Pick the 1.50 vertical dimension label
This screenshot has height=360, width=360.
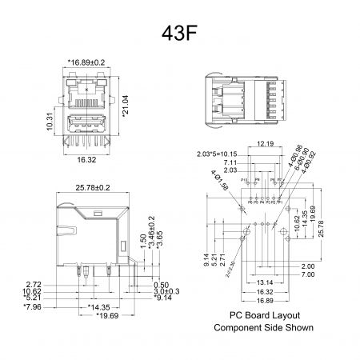coord(143,243)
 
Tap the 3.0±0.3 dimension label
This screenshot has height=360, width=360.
coord(166,291)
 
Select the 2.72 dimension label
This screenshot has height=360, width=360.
coord(34,284)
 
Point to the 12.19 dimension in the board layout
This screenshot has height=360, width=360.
coord(266,144)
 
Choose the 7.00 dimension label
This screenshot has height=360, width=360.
coord(308,275)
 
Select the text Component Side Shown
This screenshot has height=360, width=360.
coord(264,328)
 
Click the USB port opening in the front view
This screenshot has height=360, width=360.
coord(88,126)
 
